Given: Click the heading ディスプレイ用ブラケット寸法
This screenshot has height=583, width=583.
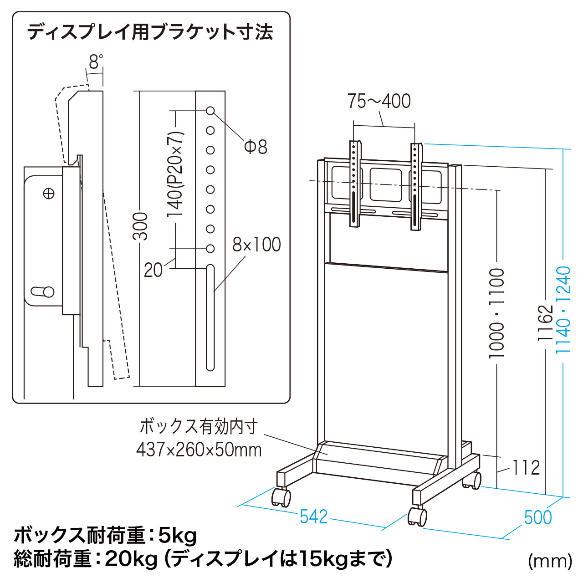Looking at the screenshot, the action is (x=150, y=32).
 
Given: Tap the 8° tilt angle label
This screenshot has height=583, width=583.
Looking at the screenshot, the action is (x=96, y=61).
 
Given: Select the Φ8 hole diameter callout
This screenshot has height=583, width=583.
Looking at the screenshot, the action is (x=256, y=147).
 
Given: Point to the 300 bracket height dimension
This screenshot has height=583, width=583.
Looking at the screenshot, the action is (x=140, y=226).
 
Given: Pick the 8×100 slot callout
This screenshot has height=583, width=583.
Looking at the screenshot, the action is (x=256, y=245).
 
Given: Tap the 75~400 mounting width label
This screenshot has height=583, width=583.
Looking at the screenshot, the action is (x=379, y=101).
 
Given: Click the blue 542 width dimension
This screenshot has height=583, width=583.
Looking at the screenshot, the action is (x=314, y=517).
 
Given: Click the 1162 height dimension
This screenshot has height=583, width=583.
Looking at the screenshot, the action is (x=545, y=323).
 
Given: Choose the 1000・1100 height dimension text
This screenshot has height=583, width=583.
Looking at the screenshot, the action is (x=496, y=313).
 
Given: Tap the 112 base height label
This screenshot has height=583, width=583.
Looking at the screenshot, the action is (x=526, y=467).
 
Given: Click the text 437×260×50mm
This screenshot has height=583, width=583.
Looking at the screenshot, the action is (x=199, y=450).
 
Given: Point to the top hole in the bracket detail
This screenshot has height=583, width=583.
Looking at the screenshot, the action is (x=210, y=111).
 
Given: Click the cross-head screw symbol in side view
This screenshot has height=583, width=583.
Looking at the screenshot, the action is (x=49, y=193).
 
